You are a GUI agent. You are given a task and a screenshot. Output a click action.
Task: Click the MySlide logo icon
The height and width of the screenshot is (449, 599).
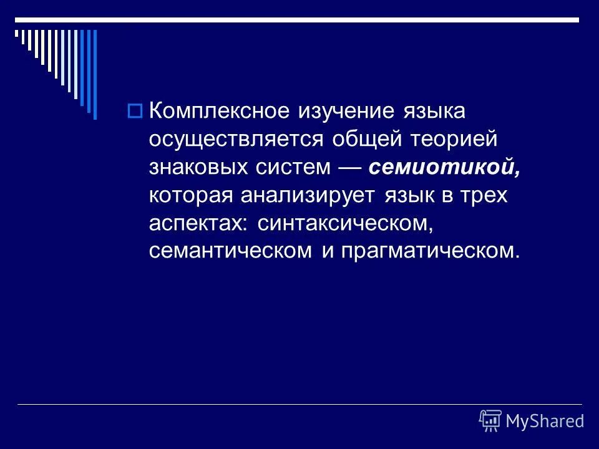click(x=490, y=420)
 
